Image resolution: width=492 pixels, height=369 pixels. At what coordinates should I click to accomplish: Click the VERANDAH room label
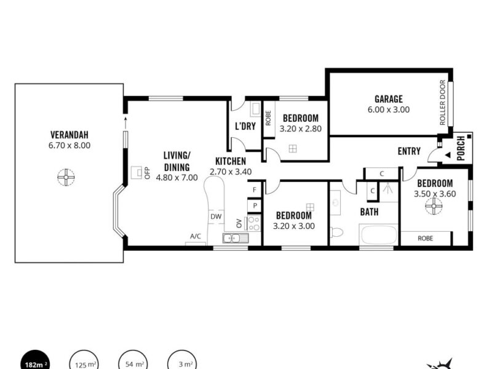[69, 135]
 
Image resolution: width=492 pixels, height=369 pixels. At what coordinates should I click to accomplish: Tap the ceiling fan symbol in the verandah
[66, 177]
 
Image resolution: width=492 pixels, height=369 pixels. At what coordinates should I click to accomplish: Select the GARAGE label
[389, 99]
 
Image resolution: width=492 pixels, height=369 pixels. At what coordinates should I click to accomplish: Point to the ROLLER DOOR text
[442, 103]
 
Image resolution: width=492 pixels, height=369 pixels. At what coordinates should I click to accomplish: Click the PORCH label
[461, 148]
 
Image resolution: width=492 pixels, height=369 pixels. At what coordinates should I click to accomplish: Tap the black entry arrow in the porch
[448, 155]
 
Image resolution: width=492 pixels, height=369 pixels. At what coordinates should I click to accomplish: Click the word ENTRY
[409, 151]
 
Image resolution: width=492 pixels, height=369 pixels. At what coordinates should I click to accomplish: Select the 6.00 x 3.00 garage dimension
[389, 109]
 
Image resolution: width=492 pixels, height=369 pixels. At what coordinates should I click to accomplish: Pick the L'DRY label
[245, 126]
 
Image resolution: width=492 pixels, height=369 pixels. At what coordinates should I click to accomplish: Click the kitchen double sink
[236, 238]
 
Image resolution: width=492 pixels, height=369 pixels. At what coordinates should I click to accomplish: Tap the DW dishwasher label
[216, 216]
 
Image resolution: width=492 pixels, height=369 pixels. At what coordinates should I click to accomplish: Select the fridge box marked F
[255, 190]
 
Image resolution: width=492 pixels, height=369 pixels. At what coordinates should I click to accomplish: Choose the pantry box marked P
[255, 206]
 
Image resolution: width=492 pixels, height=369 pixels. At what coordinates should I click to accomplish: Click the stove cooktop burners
[254, 223]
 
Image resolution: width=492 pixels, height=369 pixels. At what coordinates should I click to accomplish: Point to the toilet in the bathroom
[336, 232]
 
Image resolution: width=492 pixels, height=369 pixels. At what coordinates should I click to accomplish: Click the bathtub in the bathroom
[379, 234]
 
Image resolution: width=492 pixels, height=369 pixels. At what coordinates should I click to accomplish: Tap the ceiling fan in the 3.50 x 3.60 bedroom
[434, 206]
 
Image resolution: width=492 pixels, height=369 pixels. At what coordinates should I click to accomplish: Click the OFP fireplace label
[148, 173]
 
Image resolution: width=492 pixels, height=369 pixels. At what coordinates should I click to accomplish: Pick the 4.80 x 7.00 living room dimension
[177, 178]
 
